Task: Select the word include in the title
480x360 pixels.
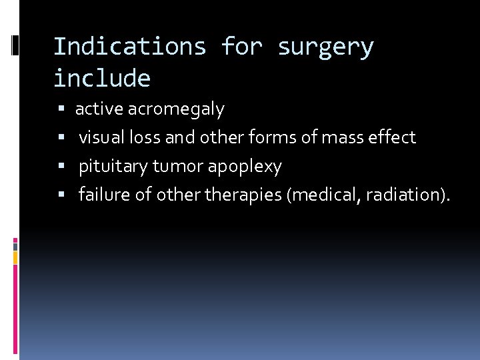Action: coord(102,79)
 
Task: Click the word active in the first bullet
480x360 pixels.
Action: coord(99,109)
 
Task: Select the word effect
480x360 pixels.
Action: coord(393,137)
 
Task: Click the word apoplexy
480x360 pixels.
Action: coord(245,167)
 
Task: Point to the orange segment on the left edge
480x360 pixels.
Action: coord(15,257)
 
